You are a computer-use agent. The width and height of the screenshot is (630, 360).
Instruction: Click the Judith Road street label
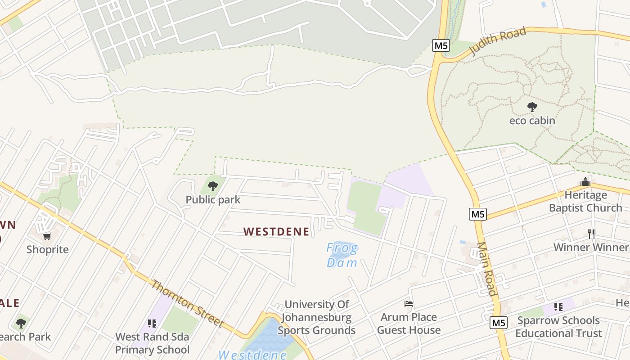[498, 41]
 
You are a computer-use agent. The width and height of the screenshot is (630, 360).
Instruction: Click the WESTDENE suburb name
[276, 232]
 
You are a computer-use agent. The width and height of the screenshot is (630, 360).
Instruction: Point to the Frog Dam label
[342, 255]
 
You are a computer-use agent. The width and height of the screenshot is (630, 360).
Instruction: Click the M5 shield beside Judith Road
[441, 45]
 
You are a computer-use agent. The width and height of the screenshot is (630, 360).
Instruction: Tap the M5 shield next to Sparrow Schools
[499, 323]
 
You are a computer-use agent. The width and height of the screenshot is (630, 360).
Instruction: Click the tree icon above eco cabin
[532, 107]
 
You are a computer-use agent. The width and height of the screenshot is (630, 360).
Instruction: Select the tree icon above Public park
[213, 186]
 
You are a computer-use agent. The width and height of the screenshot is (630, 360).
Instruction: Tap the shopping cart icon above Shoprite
[47, 236]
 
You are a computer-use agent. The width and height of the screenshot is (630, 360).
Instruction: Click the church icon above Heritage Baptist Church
[585, 182]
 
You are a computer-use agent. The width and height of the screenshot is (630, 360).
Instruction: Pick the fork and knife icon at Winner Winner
[591, 234]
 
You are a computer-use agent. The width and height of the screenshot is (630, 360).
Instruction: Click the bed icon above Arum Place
[409, 304]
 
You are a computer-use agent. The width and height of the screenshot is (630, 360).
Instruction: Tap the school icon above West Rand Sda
[152, 323]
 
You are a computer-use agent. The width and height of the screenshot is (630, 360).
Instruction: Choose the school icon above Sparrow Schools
[558, 307]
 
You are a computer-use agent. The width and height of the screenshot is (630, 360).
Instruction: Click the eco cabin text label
[532, 121]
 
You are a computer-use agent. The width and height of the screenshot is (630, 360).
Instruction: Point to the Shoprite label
[47, 250]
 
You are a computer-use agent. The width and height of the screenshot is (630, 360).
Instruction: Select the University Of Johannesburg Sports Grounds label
[316, 317]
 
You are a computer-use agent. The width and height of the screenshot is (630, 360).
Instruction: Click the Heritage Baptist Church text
[585, 202]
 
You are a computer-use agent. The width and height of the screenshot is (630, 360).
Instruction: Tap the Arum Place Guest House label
[409, 324]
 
